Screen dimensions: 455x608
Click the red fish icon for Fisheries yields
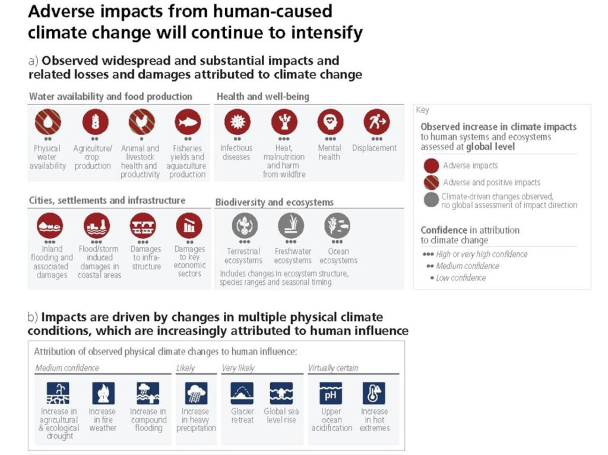pyautogui.click(x=188, y=122)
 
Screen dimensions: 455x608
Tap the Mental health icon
pyautogui.click(x=330, y=122)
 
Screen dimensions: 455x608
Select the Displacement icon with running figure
pyautogui.click(x=376, y=122)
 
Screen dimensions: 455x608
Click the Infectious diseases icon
pyautogui.click(x=237, y=122)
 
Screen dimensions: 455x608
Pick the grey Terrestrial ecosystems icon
pyautogui.click(x=245, y=225)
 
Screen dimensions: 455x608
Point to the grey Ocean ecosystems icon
pyautogui.click(x=337, y=225)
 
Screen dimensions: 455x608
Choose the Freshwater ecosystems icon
pyautogui.click(x=292, y=225)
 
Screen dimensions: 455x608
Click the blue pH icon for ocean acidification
pyautogui.click(x=331, y=393)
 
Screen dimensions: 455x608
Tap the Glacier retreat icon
pyautogui.click(x=242, y=393)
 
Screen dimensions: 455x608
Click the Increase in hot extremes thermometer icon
pyautogui.click(x=374, y=393)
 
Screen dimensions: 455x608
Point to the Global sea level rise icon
pyautogui.click(x=281, y=393)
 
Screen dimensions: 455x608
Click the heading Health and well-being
pyautogui.click(x=263, y=97)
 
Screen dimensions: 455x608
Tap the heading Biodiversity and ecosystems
pyautogui.click(x=274, y=202)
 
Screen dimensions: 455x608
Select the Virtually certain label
pyautogui.click(x=333, y=368)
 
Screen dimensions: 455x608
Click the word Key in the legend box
pyautogui.click(x=422, y=110)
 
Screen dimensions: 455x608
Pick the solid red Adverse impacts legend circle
pyautogui.click(x=431, y=166)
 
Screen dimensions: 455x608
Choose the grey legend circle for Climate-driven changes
pyautogui.click(x=431, y=200)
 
